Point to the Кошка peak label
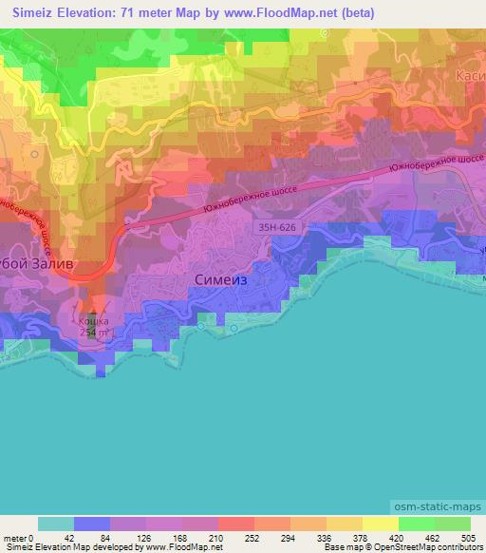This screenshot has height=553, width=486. tap(93, 322)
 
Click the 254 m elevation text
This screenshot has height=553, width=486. tap(93, 333)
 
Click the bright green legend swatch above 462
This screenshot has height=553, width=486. tap(417, 524)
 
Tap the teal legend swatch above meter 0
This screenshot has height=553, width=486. tap(56, 524)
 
